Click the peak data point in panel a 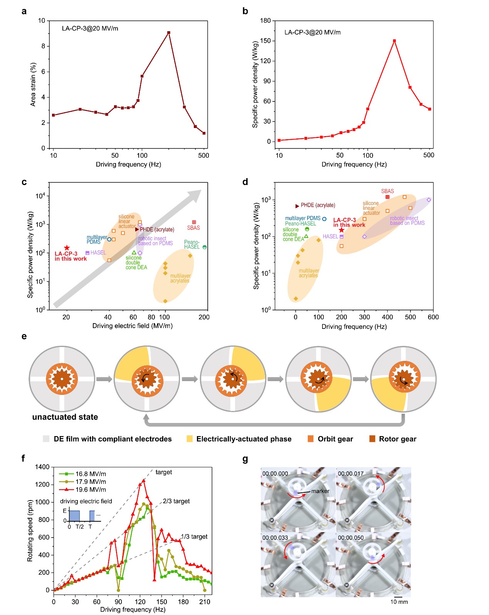[169, 33]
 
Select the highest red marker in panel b [394, 41]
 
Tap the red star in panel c [67, 248]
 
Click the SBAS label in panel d [388, 191]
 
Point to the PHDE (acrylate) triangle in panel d [297, 206]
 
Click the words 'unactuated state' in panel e [65, 417]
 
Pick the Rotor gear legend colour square [372, 439]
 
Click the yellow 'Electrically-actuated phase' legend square [190, 439]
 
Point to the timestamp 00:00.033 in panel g [275, 538]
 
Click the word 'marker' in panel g [320, 491]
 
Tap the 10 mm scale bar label [399, 602]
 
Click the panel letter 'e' [24, 336]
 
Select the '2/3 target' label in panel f [176, 501]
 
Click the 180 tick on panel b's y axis [266, 21]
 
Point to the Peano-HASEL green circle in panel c [205, 247]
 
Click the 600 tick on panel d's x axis [433, 317]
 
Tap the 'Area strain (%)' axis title [33, 84]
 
